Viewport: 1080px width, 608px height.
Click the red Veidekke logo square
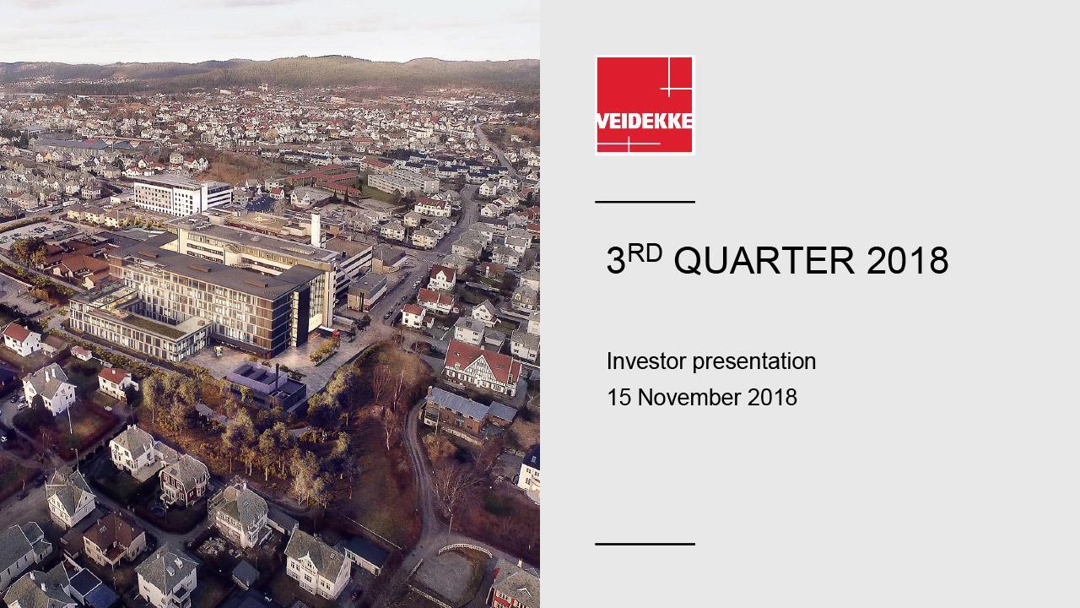point(645,105)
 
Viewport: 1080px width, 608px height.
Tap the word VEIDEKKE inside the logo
point(645,121)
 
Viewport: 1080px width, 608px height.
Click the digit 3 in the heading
point(615,261)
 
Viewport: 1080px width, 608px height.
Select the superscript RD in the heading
point(645,252)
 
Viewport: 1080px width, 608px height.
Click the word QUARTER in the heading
point(764,261)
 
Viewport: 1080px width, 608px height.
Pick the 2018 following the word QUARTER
point(907,261)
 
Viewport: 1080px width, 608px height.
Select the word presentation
point(754,362)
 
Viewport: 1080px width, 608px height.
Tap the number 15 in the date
point(618,398)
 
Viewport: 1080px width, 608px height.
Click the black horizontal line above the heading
point(645,201)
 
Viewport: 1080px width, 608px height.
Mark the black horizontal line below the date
point(645,544)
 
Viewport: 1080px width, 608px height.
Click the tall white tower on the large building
point(316,230)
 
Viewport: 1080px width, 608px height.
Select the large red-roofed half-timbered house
point(482,366)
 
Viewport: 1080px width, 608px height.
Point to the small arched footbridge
point(464,549)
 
